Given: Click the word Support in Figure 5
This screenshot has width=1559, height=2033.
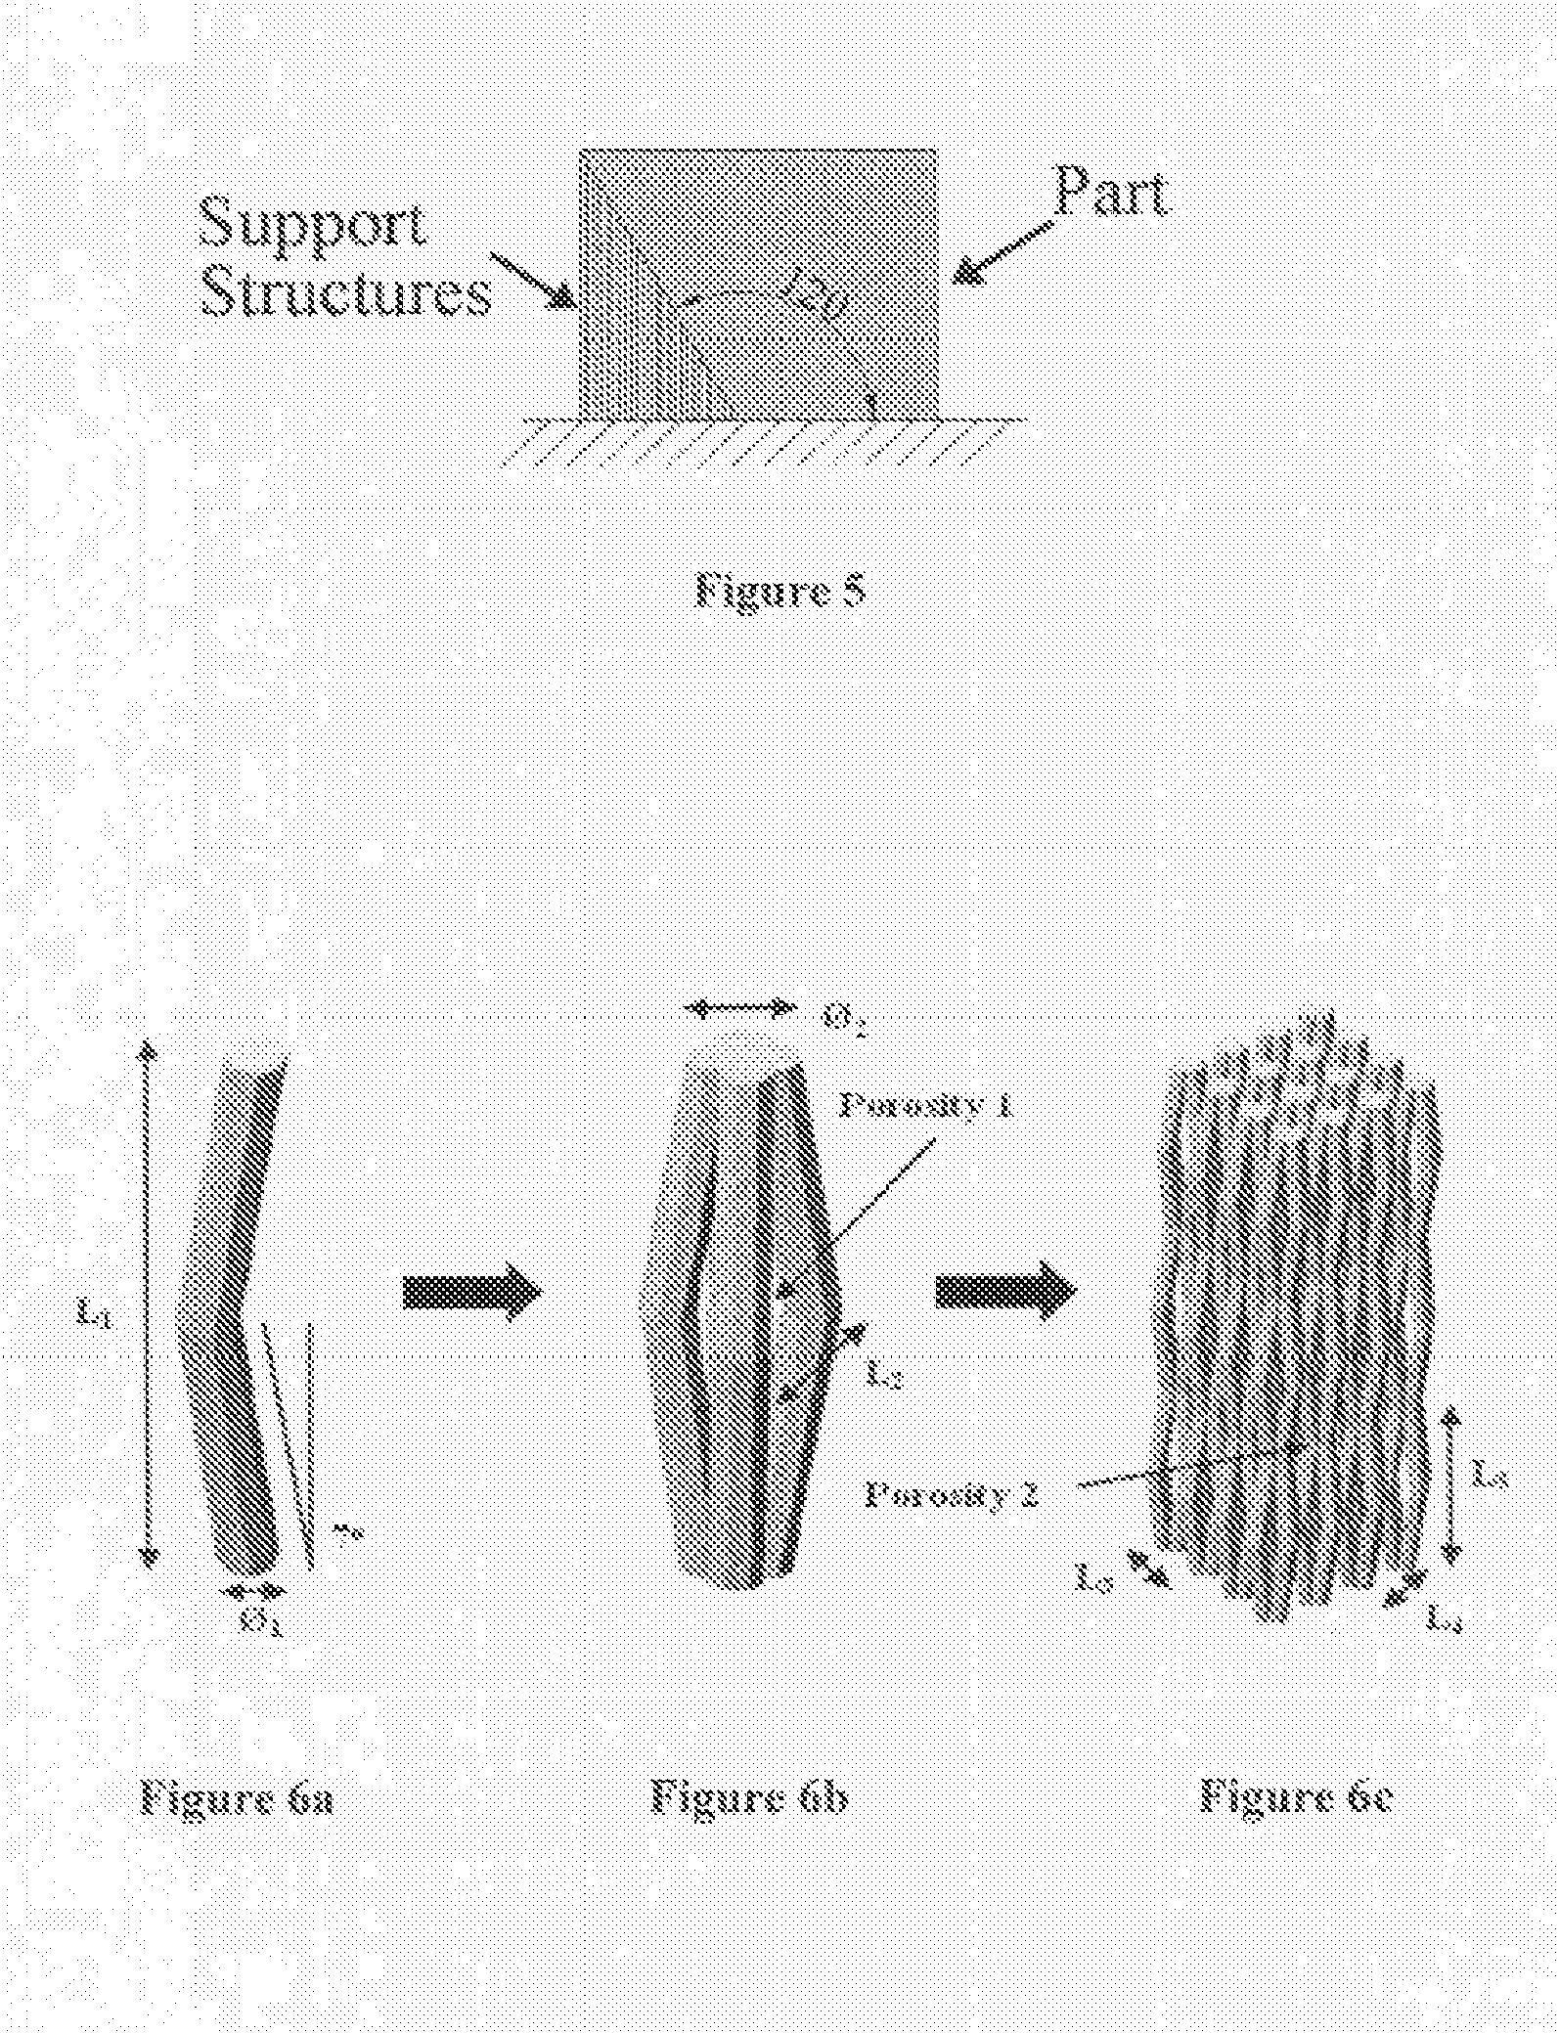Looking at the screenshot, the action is point(313,223).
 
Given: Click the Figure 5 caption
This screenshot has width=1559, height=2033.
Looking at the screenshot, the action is point(779,591).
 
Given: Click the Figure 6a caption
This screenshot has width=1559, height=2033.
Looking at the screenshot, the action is point(238,1797).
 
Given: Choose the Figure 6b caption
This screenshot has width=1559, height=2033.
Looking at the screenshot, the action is point(748,1797).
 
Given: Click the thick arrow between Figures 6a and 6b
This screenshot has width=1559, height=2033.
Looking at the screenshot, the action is point(471,1293).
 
